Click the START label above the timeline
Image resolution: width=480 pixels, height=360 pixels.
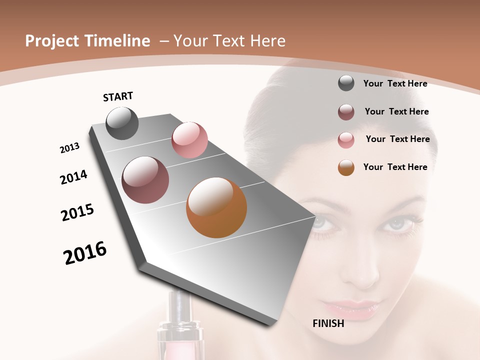[118, 96]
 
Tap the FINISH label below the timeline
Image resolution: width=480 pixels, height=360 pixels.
[328, 323]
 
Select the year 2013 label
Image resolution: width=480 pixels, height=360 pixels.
[69, 147]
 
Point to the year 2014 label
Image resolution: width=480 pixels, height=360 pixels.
[73, 177]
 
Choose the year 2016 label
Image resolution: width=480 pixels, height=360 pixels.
[85, 253]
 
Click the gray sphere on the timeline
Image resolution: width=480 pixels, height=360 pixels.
[122, 123]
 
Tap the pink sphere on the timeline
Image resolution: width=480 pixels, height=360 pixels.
[189, 140]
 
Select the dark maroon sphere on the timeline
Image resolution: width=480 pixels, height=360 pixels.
[145, 180]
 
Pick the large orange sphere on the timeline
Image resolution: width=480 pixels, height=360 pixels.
[216, 207]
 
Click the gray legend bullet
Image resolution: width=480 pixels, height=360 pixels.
[346, 83]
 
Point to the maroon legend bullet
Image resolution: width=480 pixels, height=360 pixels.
[346, 112]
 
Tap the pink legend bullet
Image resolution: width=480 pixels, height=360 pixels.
[346, 140]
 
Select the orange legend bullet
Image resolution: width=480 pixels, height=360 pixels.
[346, 167]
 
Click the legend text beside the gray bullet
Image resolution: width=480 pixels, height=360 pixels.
[395, 83]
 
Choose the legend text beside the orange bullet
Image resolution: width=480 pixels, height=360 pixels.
[395, 167]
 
